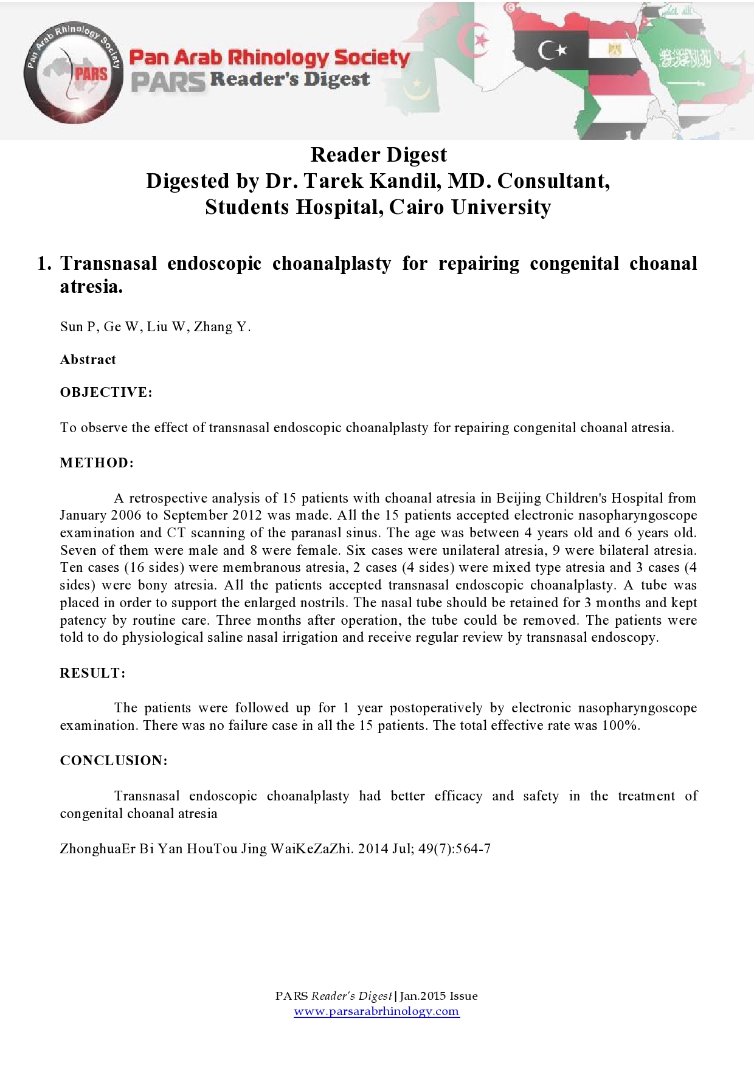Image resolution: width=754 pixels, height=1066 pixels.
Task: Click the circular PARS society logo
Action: coord(74,74)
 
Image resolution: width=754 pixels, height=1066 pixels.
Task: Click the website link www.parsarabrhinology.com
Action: coord(376,1011)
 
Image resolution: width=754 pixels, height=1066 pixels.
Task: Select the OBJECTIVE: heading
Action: coord(106,393)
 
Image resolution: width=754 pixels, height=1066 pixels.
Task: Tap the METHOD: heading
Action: coord(97,463)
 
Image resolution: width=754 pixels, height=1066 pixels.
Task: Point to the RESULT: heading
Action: coord(92,673)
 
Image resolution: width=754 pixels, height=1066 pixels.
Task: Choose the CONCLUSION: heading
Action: coord(114,761)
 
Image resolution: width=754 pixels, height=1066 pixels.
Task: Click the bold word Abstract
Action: coord(88,360)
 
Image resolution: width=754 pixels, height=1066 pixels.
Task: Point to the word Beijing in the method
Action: coord(519,498)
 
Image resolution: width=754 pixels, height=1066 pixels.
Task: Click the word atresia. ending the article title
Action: coord(91,287)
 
